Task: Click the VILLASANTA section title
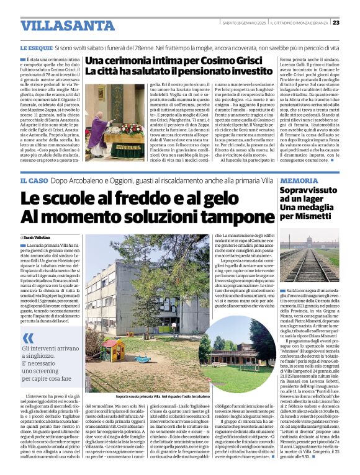58,25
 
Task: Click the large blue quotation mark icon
28,337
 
